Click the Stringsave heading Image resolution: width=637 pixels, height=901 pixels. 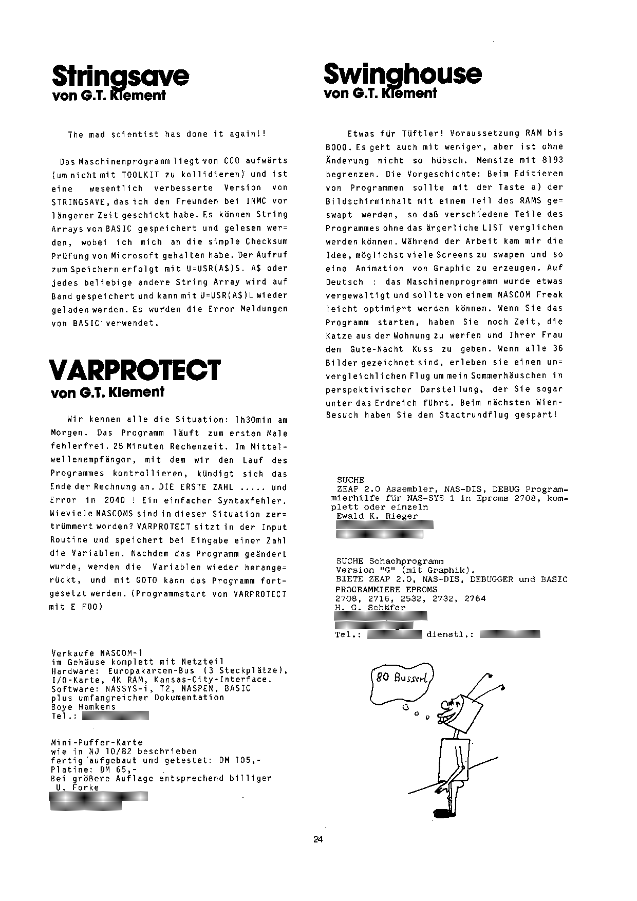point(121,77)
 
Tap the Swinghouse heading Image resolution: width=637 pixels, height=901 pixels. point(402,75)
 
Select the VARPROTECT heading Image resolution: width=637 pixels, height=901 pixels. point(135,370)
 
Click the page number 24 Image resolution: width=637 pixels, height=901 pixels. point(317,840)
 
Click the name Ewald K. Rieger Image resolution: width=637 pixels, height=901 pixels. point(377,516)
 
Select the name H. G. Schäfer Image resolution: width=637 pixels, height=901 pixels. point(370,607)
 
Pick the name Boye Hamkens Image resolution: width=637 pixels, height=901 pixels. point(83,706)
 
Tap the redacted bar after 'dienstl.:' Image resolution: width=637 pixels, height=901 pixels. point(510,634)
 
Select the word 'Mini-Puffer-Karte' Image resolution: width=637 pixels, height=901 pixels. point(97,742)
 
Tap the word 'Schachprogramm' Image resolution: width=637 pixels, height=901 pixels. point(406,561)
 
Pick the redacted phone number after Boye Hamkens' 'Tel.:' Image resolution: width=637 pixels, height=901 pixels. point(116,716)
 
